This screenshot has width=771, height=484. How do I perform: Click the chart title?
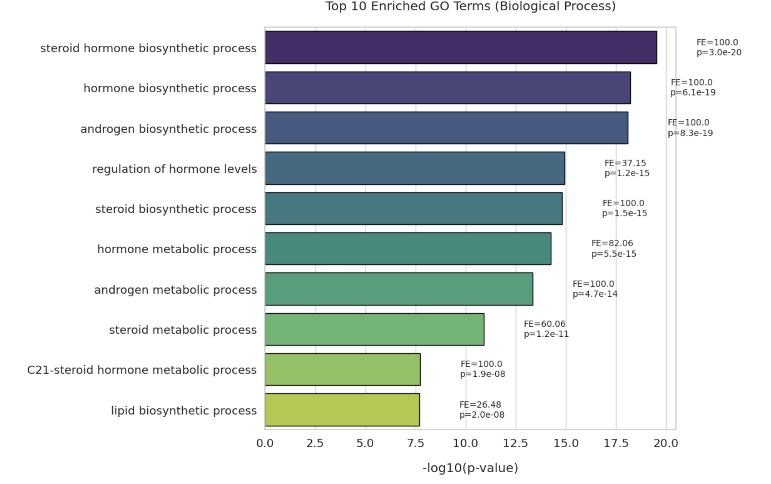pos(470,6)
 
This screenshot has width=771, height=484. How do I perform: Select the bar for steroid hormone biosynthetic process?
pos(461,47)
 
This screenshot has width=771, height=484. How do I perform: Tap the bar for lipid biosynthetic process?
pos(342,410)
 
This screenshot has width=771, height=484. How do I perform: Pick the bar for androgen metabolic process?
pos(399,289)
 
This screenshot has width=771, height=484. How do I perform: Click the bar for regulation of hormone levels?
pos(415,168)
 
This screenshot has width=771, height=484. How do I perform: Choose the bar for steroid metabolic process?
pos(374,329)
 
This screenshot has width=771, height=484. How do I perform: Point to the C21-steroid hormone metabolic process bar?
pos(343,369)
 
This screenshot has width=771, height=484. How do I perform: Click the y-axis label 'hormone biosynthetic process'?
pos(170,88)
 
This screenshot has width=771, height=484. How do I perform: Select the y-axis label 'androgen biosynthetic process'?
pos(168,129)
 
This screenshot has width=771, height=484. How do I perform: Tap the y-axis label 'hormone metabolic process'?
pos(176,249)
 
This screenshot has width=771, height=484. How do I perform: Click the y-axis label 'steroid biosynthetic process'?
pos(176,209)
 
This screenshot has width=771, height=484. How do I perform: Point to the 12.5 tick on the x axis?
pos(516,443)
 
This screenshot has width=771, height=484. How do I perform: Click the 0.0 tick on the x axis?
pos(265,443)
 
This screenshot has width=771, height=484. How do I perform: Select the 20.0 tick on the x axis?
pos(665,443)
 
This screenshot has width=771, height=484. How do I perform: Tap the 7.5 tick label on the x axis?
pos(416,443)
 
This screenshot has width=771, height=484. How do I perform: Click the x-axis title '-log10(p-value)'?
pos(470,468)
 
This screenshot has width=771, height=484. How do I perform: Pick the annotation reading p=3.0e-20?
pos(718,53)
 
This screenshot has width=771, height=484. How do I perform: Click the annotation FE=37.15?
pos(625,163)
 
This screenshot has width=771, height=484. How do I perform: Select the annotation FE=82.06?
pos(612,243)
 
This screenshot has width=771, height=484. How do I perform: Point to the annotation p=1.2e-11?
pos(546,334)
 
